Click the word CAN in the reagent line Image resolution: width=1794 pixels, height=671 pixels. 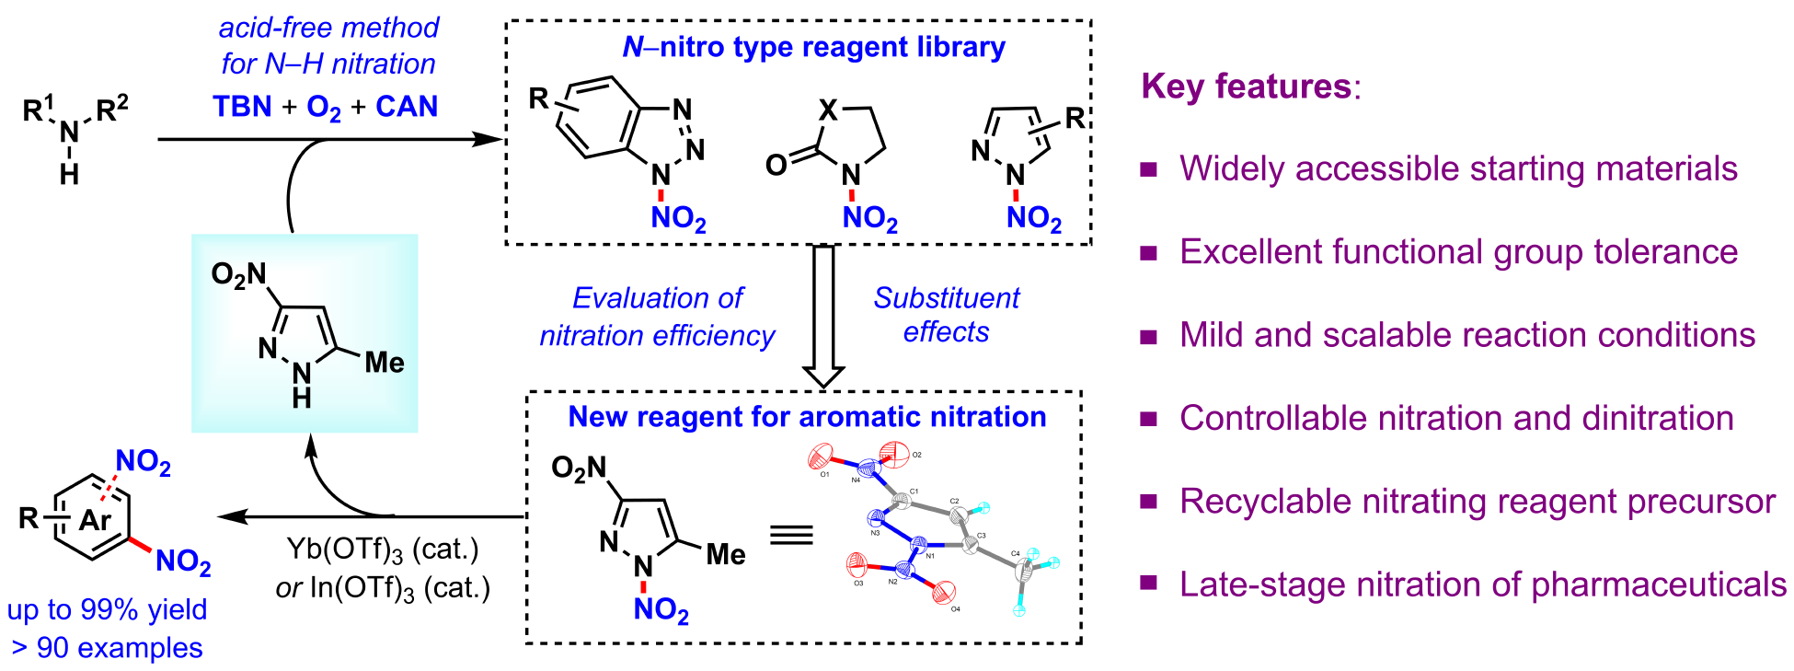(407, 107)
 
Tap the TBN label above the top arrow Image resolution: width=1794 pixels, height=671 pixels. (242, 107)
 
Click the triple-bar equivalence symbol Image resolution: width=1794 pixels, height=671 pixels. (791, 536)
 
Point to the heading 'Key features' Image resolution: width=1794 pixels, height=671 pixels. (1247, 87)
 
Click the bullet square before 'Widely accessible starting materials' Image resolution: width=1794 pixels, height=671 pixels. (1148, 169)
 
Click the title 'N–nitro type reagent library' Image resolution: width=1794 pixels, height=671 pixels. (813, 47)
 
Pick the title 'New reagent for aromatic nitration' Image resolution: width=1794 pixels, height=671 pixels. (807, 417)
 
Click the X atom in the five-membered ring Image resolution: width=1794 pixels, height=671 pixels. (828, 111)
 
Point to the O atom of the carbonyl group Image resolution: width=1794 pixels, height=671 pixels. (776, 166)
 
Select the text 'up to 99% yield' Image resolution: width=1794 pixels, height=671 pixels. (107, 609)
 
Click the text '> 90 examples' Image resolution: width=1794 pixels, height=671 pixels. (107, 648)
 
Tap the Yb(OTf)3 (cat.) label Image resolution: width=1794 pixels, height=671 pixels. (383, 550)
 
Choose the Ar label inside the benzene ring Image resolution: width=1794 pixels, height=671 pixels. (95, 521)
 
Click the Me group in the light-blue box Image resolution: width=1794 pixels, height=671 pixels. (384, 363)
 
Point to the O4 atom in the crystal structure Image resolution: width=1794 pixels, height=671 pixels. (944, 593)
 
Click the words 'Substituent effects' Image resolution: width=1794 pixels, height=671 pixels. (946, 315)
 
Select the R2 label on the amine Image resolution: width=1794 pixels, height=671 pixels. (111, 110)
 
